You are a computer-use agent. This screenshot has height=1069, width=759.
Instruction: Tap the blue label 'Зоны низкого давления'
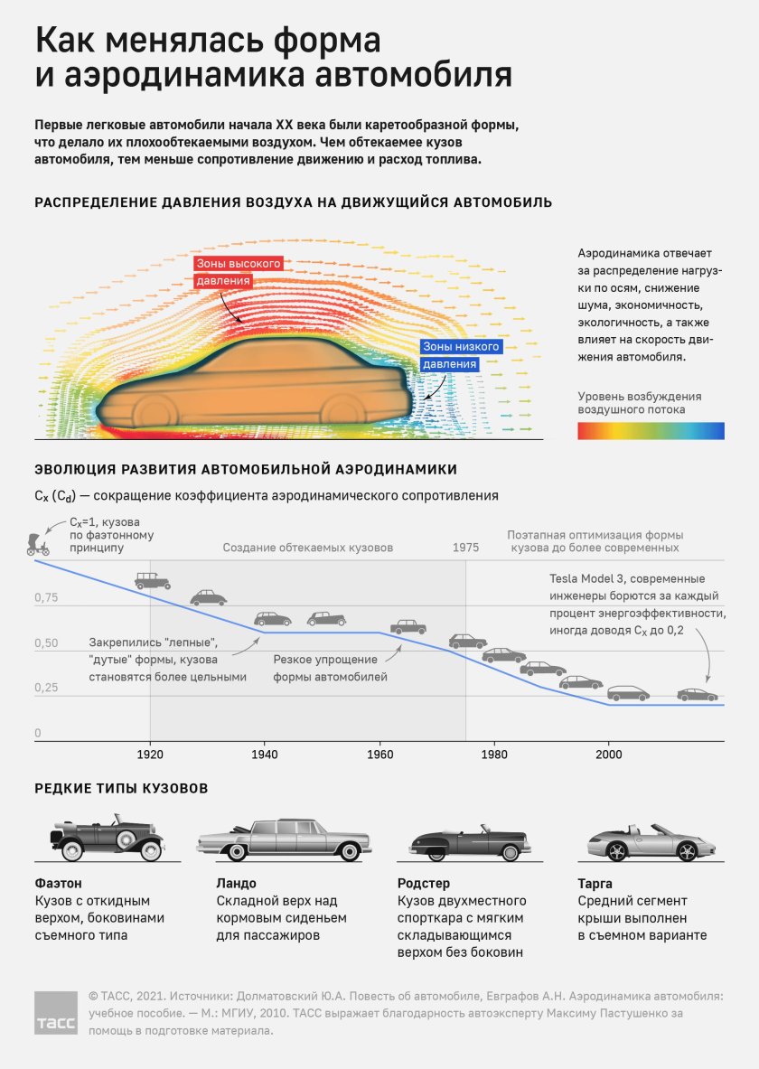point(458,355)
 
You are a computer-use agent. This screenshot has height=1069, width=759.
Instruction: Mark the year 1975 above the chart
point(465,549)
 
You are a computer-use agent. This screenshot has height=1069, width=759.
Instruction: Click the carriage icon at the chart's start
point(38,542)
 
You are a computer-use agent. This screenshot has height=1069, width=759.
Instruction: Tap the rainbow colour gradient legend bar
point(651,430)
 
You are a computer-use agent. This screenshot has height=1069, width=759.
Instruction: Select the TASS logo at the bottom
point(56,1014)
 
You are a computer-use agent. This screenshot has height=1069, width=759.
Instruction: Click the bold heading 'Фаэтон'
point(58,883)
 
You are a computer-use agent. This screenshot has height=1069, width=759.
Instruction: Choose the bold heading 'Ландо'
point(237,883)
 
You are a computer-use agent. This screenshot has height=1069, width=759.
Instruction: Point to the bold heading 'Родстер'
point(424,883)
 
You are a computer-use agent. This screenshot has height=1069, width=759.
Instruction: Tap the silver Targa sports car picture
point(646,843)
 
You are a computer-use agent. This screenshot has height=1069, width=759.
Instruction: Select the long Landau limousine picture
point(283,839)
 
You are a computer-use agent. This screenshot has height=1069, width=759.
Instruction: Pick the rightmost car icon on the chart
point(697,695)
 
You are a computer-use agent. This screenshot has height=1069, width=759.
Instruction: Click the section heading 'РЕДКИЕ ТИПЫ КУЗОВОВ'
point(121,789)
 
